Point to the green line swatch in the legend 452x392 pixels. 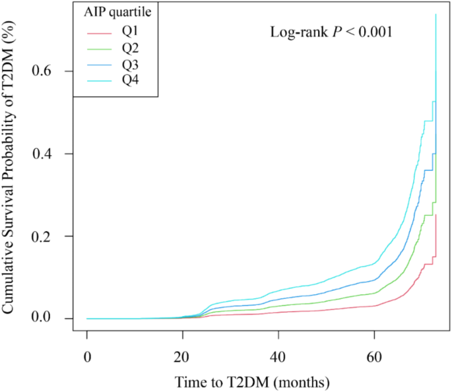[98, 49]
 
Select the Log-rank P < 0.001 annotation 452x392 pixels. [331, 32]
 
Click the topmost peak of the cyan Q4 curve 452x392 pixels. [436, 15]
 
